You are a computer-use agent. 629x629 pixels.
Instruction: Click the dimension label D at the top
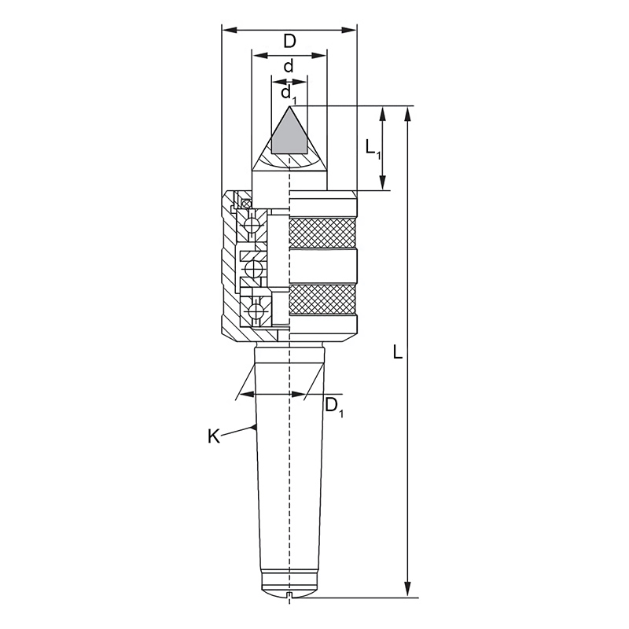click(289, 41)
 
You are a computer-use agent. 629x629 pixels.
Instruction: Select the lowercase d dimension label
click(289, 66)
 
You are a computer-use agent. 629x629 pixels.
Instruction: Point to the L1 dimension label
click(373, 149)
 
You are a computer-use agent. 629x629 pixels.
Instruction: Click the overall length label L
click(397, 352)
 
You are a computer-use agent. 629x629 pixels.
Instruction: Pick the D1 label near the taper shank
click(333, 407)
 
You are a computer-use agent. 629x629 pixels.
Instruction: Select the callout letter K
click(214, 436)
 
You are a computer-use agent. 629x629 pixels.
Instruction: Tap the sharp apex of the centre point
click(289, 106)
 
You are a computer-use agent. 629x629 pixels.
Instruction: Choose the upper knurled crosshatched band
click(322, 234)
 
